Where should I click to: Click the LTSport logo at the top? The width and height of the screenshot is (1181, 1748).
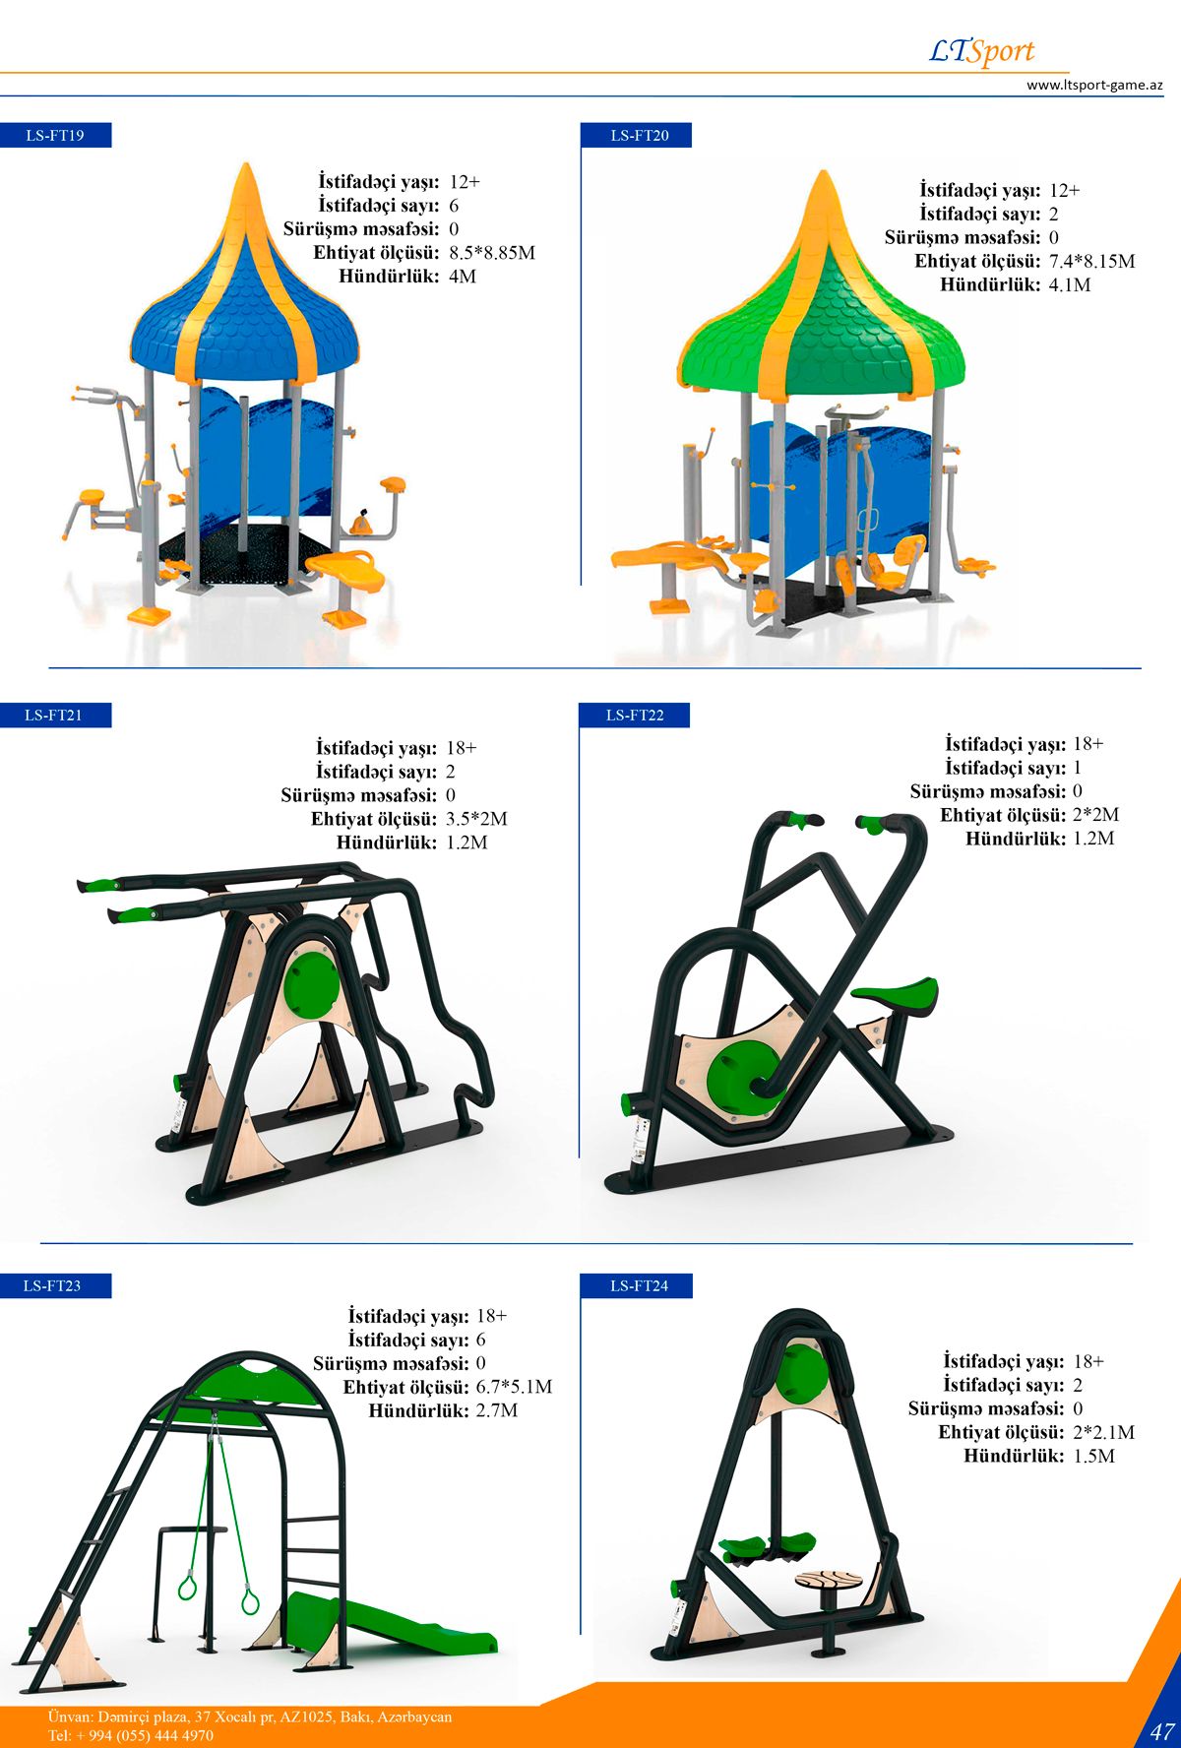[981, 51]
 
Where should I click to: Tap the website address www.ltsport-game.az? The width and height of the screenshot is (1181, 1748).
[1094, 85]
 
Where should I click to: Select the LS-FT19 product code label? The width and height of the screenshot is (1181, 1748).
[55, 135]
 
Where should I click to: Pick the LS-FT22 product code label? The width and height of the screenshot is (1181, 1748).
[635, 716]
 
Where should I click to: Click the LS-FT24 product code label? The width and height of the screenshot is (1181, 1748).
[639, 1285]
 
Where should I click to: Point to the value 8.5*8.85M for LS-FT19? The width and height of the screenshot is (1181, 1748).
[492, 253]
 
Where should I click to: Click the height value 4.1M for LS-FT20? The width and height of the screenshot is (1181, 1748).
[1070, 285]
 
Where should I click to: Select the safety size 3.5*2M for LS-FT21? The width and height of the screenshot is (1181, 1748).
[476, 819]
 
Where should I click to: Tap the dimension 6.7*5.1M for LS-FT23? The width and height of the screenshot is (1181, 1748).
[514, 1387]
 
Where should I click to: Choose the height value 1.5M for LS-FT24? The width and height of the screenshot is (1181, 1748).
[1093, 1457]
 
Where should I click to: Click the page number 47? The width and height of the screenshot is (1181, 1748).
[1162, 1731]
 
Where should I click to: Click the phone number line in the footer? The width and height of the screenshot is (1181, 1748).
[131, 1735]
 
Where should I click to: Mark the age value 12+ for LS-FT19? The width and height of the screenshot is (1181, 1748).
[465, 182]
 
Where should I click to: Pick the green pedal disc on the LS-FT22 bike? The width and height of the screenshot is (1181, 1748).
[743, 1079]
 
